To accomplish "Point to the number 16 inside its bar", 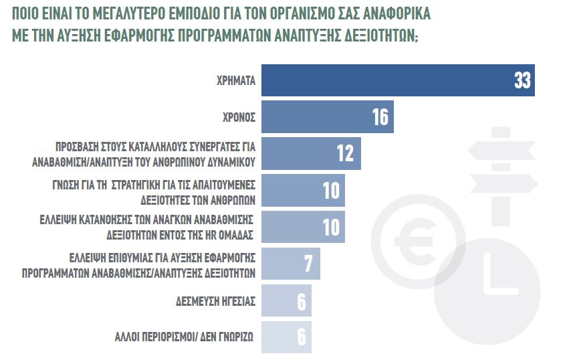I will tap(380, 117).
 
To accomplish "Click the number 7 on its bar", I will tap(308, 264).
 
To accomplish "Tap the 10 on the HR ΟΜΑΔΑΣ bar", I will tap(332, 227).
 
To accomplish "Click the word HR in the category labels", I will tap(208, 236).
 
